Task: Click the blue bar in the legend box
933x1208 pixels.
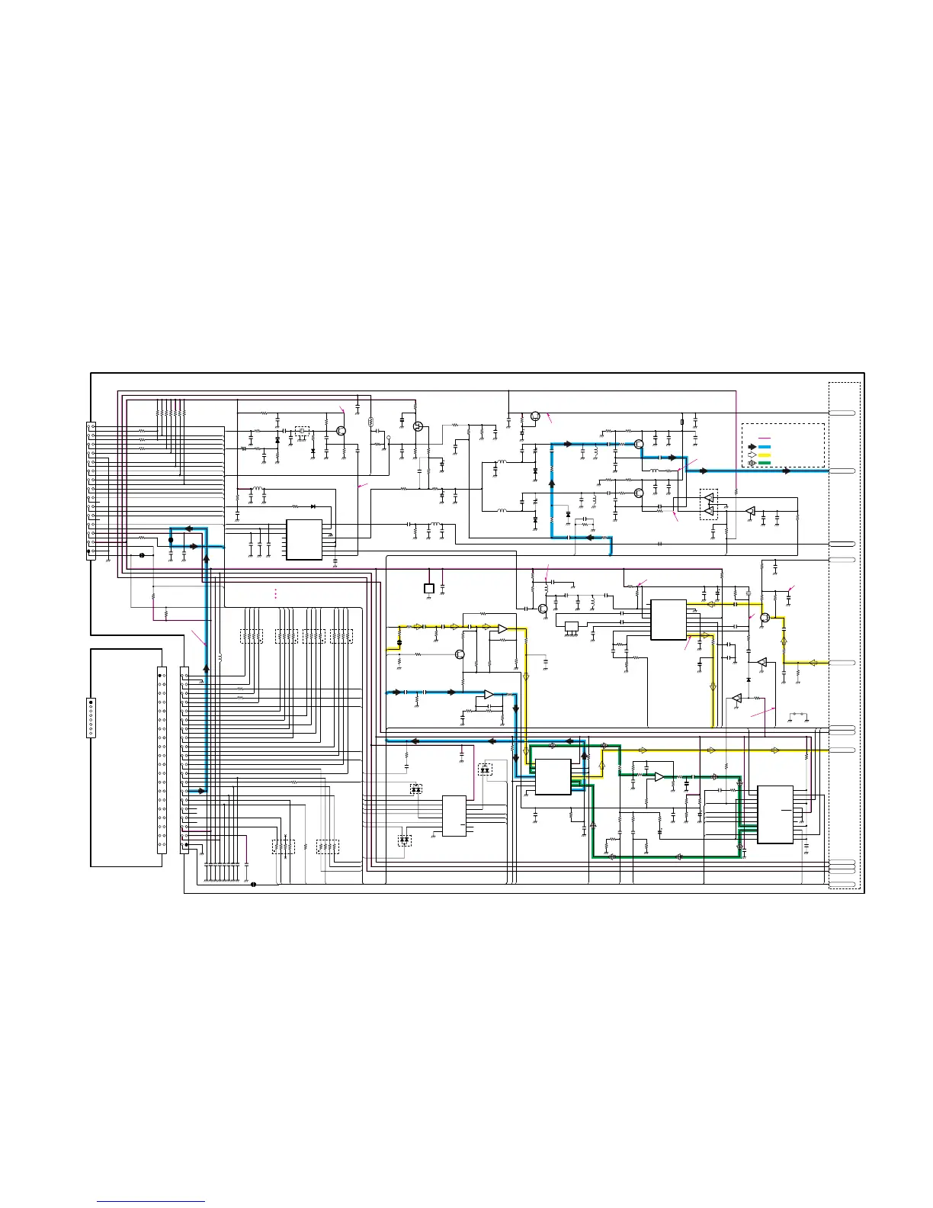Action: tap(765, 446)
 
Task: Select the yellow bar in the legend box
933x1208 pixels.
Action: tap(765, 455)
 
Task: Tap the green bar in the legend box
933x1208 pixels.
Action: tap(765, 463)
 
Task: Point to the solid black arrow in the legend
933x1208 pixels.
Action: tap(752, 446)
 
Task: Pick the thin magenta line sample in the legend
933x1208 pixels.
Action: tap(765, 438)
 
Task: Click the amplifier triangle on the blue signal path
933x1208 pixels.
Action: tap(488, 694)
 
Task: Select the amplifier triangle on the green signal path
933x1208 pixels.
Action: tap(659, 776)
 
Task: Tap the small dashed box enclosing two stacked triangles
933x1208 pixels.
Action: tap(709, 504)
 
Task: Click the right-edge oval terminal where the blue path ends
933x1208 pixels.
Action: tap(842, 471)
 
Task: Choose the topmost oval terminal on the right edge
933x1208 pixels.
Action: tap(842, 413)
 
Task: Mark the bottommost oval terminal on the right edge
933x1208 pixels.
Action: tap(842, 885)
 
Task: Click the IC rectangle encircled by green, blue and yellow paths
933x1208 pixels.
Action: tap(553, 777)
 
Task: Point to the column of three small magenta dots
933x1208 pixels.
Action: tap(275, 594)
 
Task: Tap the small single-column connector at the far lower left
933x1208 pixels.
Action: tap(91, 717)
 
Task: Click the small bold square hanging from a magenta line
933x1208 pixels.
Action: tap(428, 588)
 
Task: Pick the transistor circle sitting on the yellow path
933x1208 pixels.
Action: tap(765, 618)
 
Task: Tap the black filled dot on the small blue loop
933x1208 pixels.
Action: tap(170, 540)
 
